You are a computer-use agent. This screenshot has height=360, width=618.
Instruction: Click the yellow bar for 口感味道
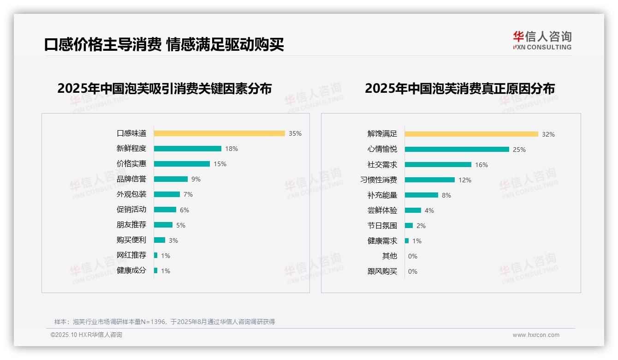click(x=219, y=133)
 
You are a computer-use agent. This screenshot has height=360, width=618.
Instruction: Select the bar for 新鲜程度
click(x=187, y=149)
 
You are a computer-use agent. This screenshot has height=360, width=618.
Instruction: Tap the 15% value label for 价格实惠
click(x=220, y=164)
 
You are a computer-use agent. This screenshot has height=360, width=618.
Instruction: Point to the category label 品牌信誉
click(x=131, y=179)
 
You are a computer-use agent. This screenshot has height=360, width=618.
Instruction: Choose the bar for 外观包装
click(x=166, y=194)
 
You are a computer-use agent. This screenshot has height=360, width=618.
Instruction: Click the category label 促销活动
click(x=131, y=210)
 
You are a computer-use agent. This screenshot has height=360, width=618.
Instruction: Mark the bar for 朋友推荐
click(x=163, y=225)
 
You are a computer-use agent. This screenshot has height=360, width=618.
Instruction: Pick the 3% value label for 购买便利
click(x=173, y=240)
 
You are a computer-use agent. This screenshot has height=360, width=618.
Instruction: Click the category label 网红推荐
click(x=131, y=255)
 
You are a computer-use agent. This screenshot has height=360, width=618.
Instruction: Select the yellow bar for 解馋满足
click(x=471, y=134)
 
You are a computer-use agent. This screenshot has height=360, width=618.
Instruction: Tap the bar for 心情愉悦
click(x=457, y=150)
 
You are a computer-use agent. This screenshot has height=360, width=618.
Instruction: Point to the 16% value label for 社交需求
click(x=481, y=165)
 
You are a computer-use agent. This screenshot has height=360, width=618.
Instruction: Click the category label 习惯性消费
click(x=379, y=180)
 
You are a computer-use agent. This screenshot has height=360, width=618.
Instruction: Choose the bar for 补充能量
click(x=421, y=195)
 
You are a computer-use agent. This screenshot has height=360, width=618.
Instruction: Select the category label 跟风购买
click(x=382, y=271)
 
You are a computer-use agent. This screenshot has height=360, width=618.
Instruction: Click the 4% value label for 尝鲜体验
click(x=429, y=210)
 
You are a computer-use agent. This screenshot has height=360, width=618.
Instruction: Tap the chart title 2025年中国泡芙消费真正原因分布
click(x=459, y=88)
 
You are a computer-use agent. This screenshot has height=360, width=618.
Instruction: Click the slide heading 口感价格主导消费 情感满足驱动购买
click(x=164, y=44)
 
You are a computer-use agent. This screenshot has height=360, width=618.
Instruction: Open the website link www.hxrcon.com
click(x=536, y=335)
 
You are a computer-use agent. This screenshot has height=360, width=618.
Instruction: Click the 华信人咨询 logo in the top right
click(x=542, y=40)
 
